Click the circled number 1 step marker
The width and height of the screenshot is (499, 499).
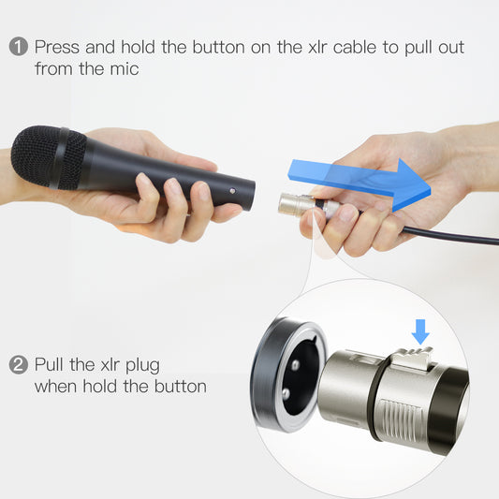click(19, 47)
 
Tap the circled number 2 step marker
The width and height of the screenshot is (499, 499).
click(19, 364)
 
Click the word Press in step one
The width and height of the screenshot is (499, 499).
click(57, 47)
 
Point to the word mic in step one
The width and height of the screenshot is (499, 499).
click(125, 68)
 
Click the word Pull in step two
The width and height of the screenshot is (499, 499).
click(49, 364)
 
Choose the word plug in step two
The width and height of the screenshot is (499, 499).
click(142, 366)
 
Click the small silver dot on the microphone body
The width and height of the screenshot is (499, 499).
click(232, 191)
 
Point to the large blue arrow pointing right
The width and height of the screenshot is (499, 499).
click(360, 183)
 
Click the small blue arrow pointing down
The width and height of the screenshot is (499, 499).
click(420, 332)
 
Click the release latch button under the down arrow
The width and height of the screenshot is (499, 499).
click(413, 358)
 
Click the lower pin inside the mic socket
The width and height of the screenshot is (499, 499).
click(286, 393)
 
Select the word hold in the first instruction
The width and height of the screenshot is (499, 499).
click(139, 47)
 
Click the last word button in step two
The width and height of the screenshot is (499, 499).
click(181, 387)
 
